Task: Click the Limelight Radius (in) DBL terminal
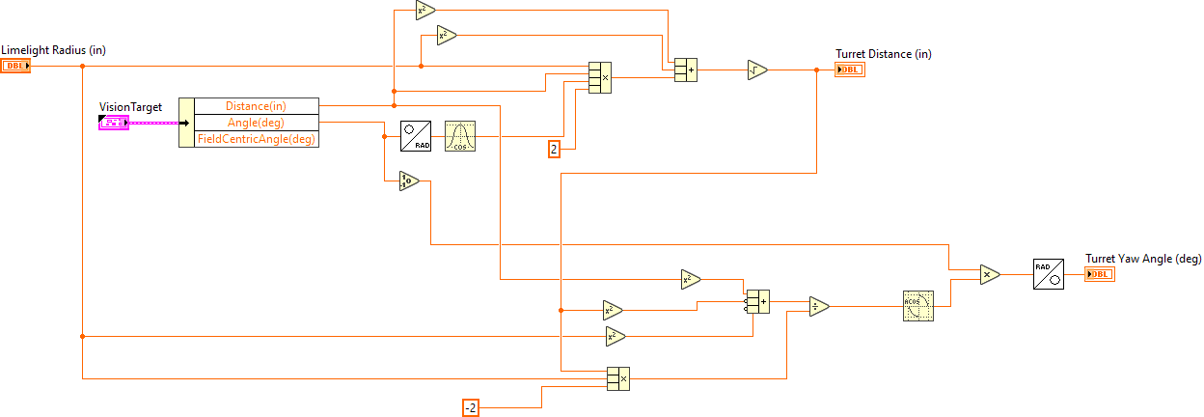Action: point(15,66)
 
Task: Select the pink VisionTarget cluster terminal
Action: point(113,123)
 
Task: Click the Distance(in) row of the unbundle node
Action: point(256,105)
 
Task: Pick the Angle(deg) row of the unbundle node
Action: point(256,122)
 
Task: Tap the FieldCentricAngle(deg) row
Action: point(256,139)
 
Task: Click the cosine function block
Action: point(460,136)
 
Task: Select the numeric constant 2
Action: point(554,149)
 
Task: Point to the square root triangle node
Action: point(757,69)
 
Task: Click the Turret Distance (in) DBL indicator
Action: point(850,69)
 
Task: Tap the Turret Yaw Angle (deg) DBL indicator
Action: point(1099,274)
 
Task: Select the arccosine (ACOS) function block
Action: point(918,306)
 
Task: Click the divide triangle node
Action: point(819,306)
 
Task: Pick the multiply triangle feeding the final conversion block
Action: point(989,274)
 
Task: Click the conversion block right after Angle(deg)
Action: point(415,136)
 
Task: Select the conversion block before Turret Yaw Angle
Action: point(1048,274)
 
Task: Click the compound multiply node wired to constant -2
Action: point(617,378)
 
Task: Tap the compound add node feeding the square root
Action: point(685,69)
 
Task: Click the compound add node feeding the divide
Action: point(756,301)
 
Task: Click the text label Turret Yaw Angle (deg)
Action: point(1143,258)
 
